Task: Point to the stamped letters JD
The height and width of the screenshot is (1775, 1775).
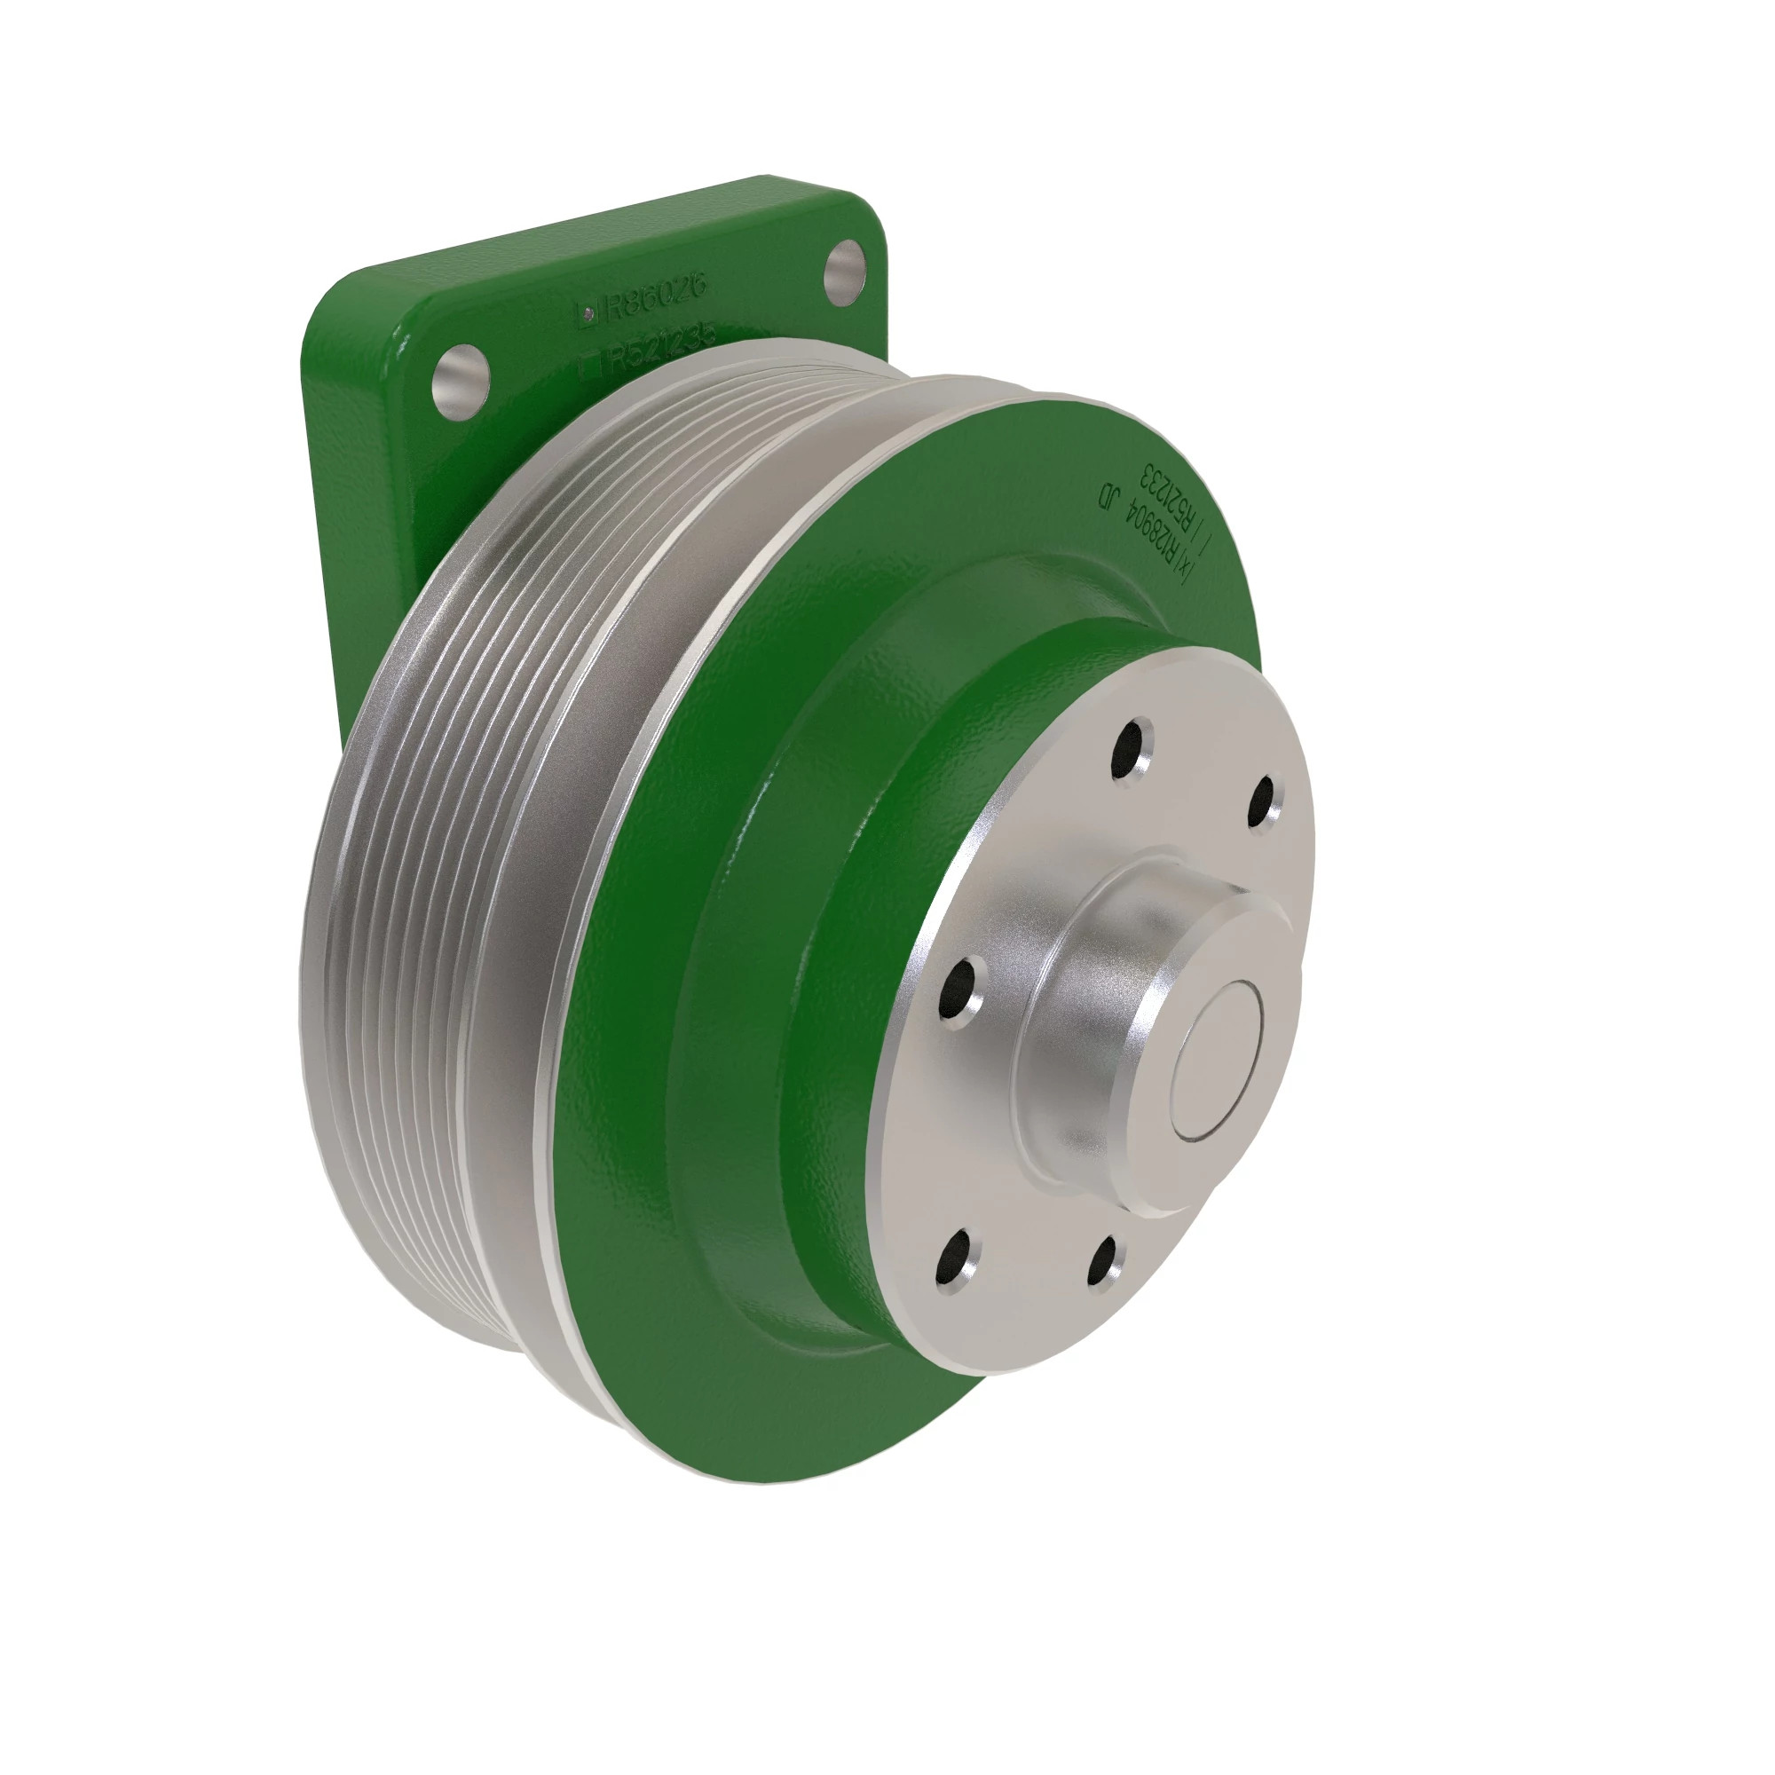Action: tap(1110, 497)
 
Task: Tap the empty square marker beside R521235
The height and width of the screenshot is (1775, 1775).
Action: tap(591, 364)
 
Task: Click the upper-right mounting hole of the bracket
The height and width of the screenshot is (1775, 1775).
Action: tap(844, 272)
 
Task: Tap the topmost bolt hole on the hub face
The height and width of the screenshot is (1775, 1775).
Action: tap(1132, 748)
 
